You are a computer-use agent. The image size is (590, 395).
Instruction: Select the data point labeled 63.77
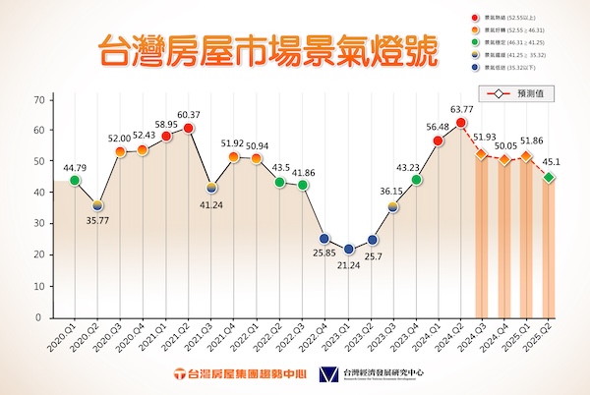point(459,123)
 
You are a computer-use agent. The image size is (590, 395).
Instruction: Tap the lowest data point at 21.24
point(349,251)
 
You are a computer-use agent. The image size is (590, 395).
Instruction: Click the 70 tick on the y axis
point(40,100)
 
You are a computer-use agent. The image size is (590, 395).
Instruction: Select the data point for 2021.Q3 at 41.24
point(211,188)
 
